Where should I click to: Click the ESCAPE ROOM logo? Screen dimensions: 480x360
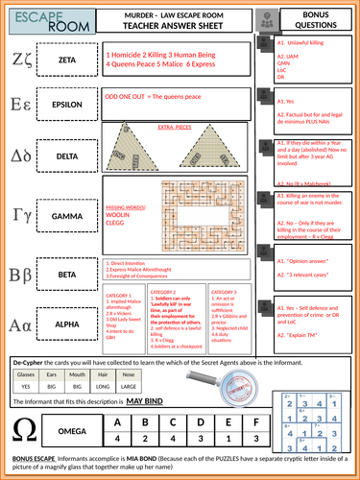(x=31, y=22)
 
